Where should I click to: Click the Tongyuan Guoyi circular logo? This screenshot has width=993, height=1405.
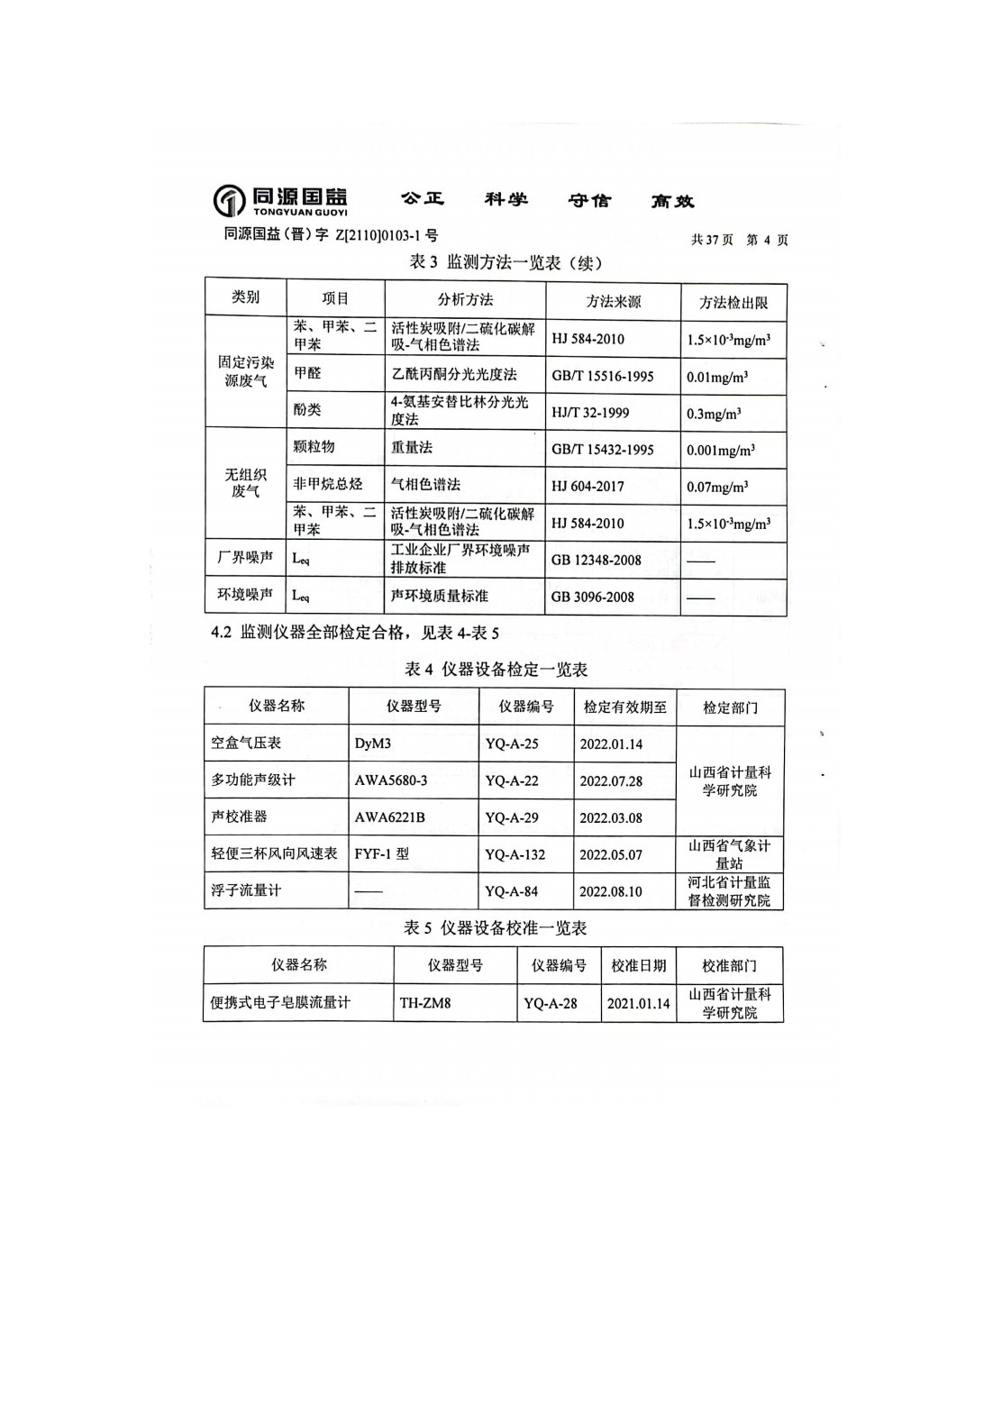pyautogui.click(x=229, y=200)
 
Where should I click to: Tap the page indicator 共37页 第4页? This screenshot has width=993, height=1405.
pyautogui.click(x=739, y=240)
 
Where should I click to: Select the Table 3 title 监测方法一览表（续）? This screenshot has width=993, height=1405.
pyautogui.click(x=506, y=262)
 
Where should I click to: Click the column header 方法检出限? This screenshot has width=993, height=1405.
pyautogui.click(x=733, y=302)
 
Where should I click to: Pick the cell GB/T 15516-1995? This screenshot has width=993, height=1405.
pyautogui.click(x=602, y=376)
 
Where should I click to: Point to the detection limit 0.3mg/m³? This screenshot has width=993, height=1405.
pyautogui.click(x=714, y=414)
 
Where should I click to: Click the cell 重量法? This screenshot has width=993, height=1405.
pyautogui.click(x=412, y=447)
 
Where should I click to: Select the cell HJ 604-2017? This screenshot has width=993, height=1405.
pyautogui.click(x=588, y=487)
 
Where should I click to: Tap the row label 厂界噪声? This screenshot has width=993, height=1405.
pyautogui.click(x=245, y=558)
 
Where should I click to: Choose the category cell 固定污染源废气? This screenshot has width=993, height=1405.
pyautogui.click(x=245, y=370)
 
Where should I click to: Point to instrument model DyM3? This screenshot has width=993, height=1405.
pyautogui.click(x=373, y=744)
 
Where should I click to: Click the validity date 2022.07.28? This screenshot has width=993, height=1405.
pyautogui.click(x=611, y=781)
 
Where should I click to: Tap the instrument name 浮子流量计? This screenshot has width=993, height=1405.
pyautogui.click(x=246, y=890)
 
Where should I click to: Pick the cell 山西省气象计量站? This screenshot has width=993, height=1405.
pyautogui.click(x=729, y=854)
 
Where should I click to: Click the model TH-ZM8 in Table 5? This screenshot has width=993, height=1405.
pyautogui.click(x=425, y=1002)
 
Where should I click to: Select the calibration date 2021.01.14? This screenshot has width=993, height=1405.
pyautogui.click(x=638, y=1003)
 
